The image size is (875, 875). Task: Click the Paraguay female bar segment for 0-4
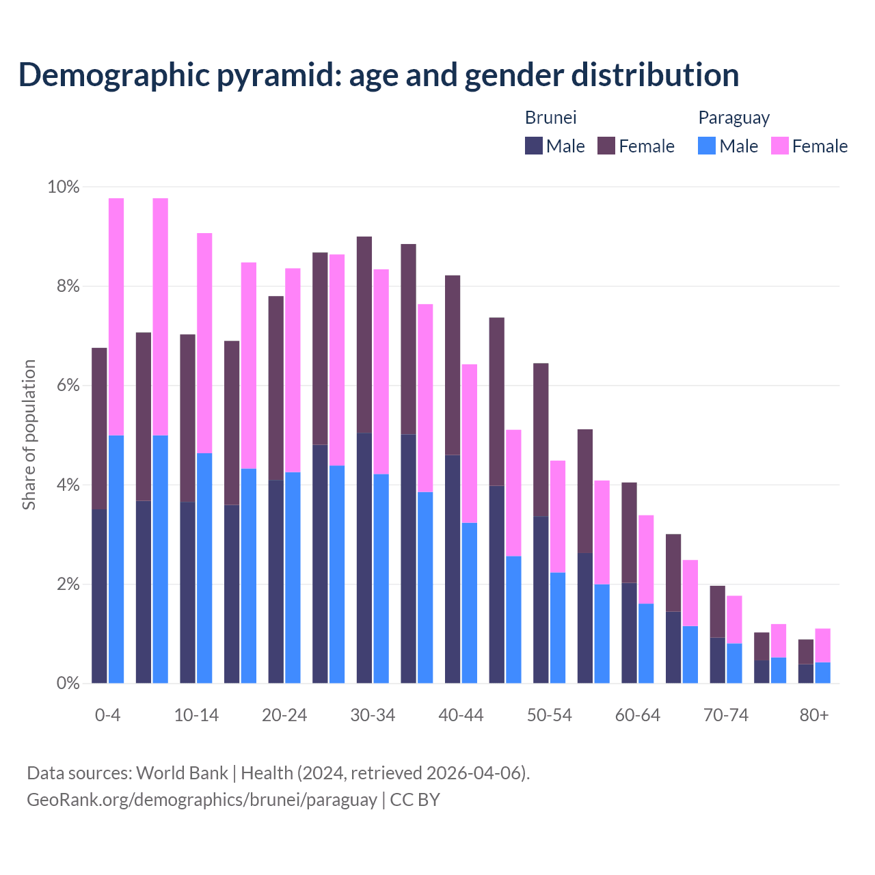pyautogui.click(x=116, y=316)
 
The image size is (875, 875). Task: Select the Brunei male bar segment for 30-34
pyautogui.click(x=364, y=558)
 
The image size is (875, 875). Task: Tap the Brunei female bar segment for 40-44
pyautogui.click(x=453, y=365)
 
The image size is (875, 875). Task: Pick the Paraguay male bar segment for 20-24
pyautogui.click(x=293, y=578)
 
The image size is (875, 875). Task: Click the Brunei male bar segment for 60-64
pyautogui.click(x=629, y=633)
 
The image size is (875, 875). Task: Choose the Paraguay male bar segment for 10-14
pyautogui.click(x=204, y=568)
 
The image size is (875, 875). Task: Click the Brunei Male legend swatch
pyautogui.click(x=533, y=146)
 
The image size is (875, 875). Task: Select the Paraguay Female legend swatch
pyautogui.click(x=779, y=146)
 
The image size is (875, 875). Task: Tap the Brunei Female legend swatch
pyautogui.click(x=606, y=146)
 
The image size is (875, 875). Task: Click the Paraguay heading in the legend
pyautogui.click(x=733, y=118)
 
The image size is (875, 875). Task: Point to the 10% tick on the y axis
pyautogui.click(x=64, y=187)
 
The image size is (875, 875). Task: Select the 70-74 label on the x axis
pyautogui.click(x=725, y=715)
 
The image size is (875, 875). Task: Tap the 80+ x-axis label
pyautogui.click(x=813, y=715)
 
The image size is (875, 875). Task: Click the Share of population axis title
pyautogui.click(x=29, y=435)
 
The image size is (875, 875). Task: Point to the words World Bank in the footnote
pyautogui.click(x=182, y=773)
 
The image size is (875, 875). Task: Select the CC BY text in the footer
pyautogui.click(x=415, y=800)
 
